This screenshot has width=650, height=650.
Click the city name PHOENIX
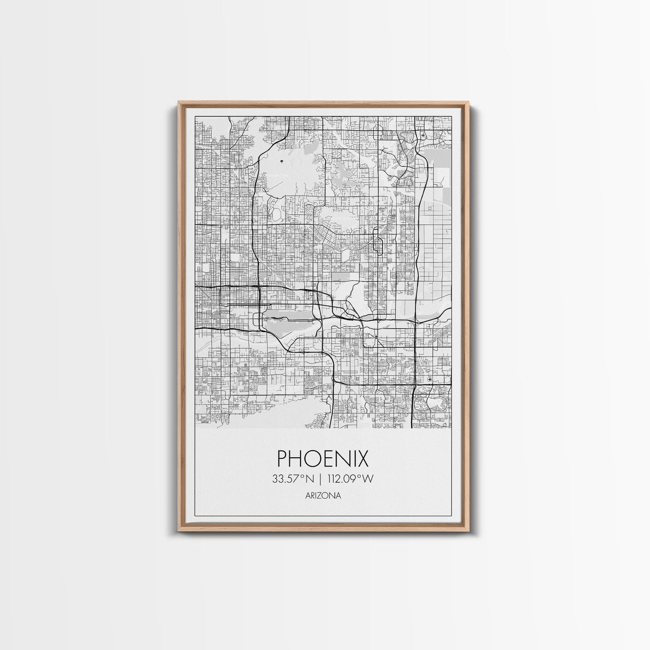pyautogui.click(x=323, y=459)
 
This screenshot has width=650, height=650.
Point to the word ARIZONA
pyautogui.click(x=323, y=495)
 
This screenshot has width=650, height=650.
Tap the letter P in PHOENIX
pyautogui.click(x=283, y=459)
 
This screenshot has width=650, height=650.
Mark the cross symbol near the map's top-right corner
pyautogui.click(x=423, y=134)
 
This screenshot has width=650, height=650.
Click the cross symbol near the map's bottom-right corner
pyautogui.click(x=430, y=380)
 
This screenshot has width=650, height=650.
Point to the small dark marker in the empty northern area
pyautogui.click(x=282, y=161)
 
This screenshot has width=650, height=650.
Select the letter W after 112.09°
pyautogui.click(x=369, y=478)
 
